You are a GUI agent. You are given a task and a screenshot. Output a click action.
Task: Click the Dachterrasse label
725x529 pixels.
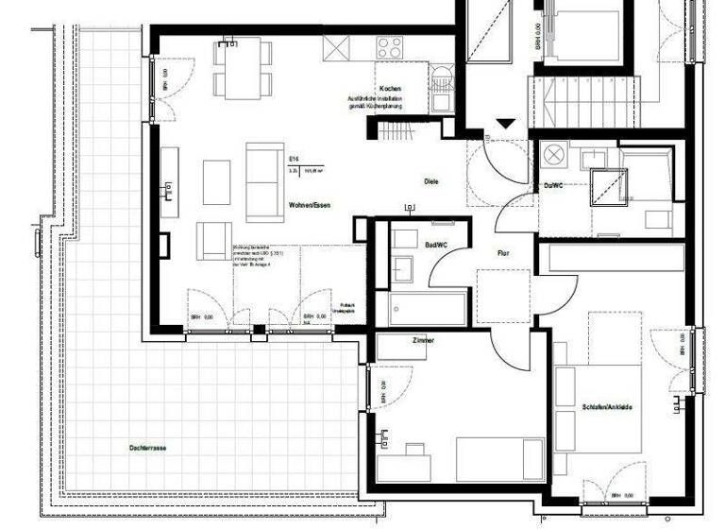(149, 446)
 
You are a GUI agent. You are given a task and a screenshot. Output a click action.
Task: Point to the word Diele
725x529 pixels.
(430, 181)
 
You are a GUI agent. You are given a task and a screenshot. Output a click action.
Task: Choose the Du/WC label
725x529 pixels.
(553, 187)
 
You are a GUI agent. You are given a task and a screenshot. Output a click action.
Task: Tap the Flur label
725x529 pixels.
(504, 253)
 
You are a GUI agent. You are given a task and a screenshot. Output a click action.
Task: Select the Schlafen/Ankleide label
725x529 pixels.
(607, 407)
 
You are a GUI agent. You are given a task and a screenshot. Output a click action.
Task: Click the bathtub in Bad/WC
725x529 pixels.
(428, 308)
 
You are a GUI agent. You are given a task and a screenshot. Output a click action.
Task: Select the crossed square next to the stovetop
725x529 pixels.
(335, 47)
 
